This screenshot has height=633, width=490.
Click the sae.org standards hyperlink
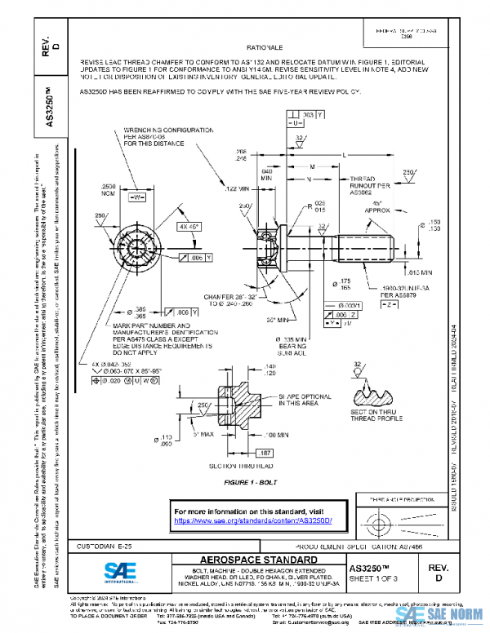pos(257,520)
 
